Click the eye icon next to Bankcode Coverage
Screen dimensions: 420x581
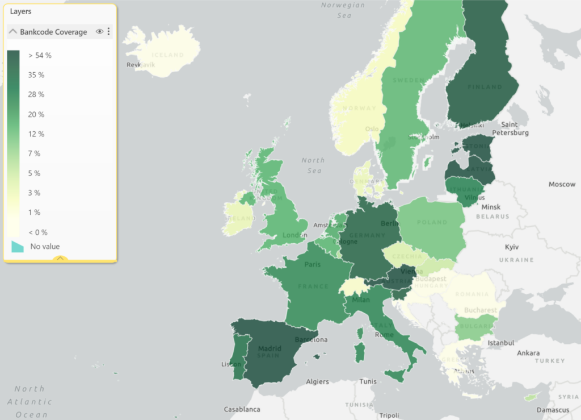[x=99, y=32]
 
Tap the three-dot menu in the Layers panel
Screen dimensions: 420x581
[x=108, y=32]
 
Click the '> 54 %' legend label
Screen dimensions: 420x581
[x=40, y=55]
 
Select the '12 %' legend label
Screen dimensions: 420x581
[x=36, y=134]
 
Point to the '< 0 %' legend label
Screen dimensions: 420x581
[x=38, y=232]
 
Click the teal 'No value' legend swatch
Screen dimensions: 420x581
[x=18, y=246]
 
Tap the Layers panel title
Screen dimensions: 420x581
[x=21, y=11]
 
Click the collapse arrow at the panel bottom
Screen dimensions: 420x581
[x=60, y=258]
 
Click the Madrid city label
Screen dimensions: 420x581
[x=270, y=348]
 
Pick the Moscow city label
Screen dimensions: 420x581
[x=562, y=184]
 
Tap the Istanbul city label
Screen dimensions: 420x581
[x=501, y=343]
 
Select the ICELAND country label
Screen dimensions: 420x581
[x=167, y=55]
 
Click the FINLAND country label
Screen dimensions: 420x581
[x=485, y=87]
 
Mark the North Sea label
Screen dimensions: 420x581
[x=313, y=165]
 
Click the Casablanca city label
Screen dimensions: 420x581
[x=242, y=409]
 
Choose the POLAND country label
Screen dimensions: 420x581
[x=432, y=222]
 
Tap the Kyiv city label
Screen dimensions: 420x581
[x=512, y=247]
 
